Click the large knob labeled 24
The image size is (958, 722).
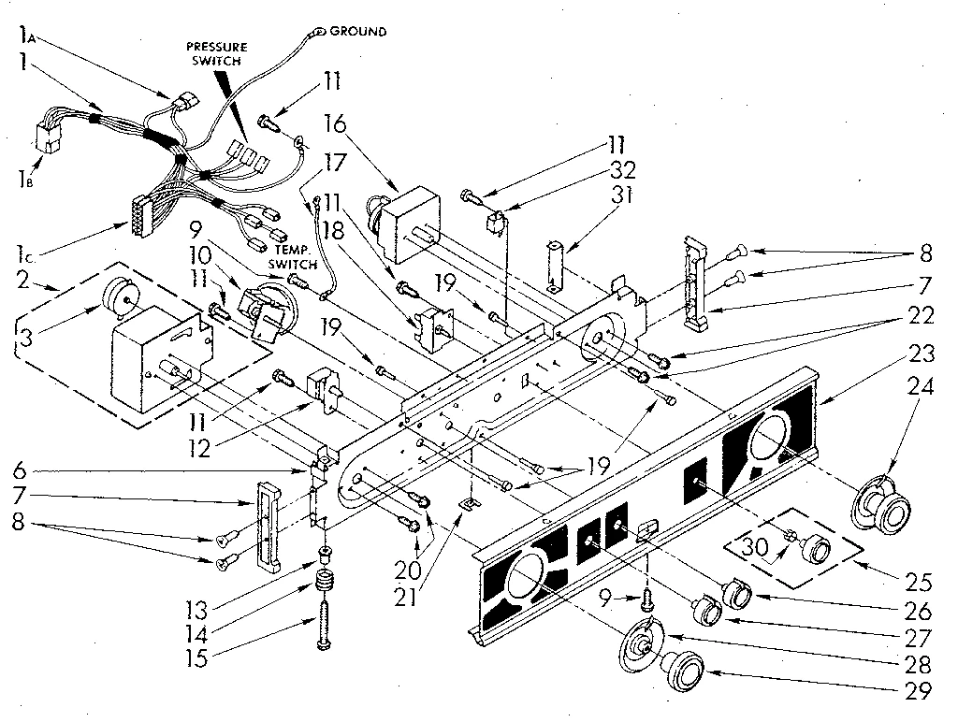pyautogui.click(x=880, y=506)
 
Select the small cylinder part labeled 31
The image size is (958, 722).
pyautogui.click(x=559, y=259)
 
